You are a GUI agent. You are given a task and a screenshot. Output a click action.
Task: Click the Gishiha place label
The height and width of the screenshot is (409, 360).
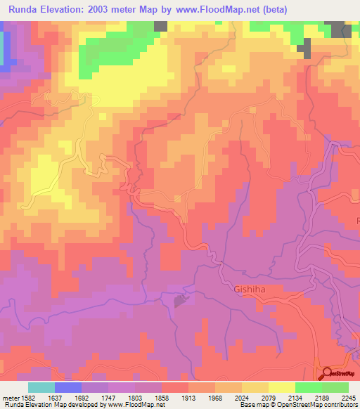pos(250,289)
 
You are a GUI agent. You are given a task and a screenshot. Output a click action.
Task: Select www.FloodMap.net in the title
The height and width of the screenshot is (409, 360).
pos(218,8)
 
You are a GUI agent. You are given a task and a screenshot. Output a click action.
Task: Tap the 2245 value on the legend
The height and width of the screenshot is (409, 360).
pos(349,397)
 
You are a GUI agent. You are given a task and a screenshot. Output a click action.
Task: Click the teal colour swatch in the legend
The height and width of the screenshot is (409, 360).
pos(41,387)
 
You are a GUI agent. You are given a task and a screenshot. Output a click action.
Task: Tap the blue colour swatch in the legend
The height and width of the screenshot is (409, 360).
pos(68,387)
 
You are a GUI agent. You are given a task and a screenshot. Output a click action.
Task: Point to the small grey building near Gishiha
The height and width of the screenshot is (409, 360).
pos(180,301)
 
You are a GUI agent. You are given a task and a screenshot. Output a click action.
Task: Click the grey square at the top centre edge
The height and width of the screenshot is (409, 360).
pos(160,25)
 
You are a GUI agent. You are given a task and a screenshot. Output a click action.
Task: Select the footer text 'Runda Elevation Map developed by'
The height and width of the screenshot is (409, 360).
pos(51,405)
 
